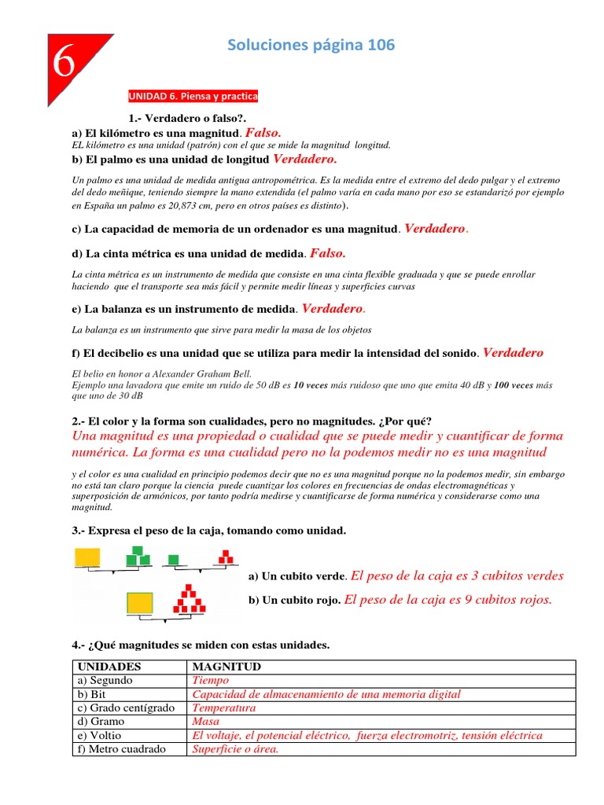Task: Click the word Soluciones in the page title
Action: tap(265, 46)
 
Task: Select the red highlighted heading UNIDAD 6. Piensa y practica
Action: tap(193, 97)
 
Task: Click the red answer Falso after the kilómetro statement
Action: tap(263, 133)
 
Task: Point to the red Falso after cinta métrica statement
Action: tap(328, 253)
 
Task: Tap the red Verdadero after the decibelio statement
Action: tap(513, 353)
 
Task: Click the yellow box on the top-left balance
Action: tap(88, 557)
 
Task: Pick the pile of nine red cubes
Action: tap(188, 598)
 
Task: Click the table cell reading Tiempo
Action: tap(210, 680)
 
